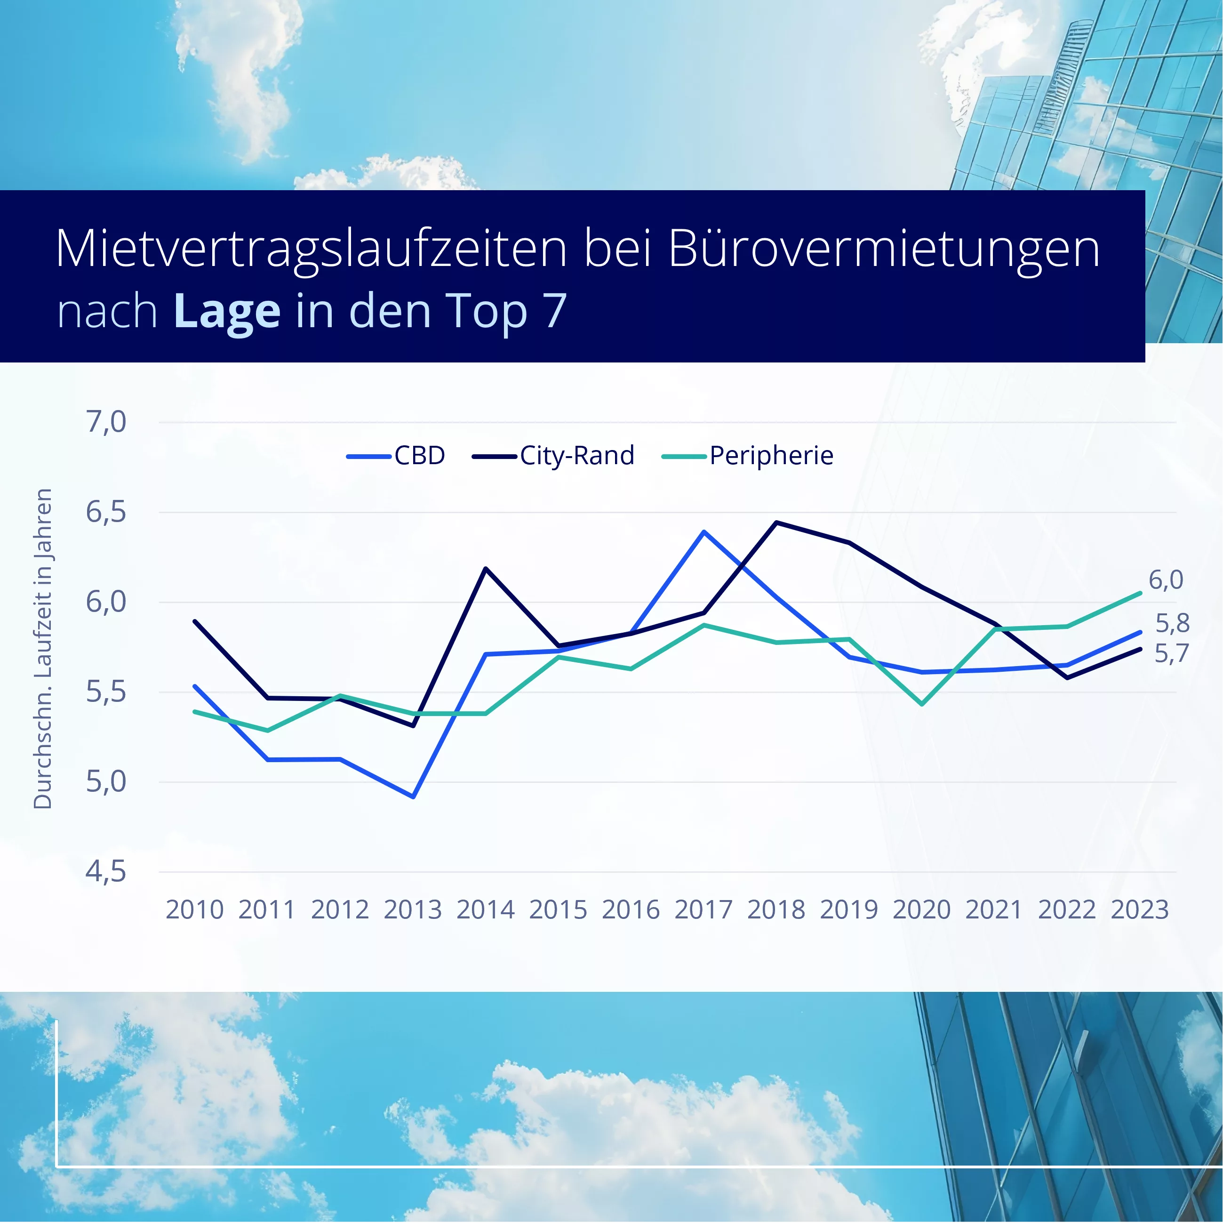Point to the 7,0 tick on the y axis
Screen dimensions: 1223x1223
point(106,422)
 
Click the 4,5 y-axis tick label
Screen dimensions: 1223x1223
point(106,872)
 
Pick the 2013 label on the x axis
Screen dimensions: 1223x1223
point(413,910)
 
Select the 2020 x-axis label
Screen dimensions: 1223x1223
point(922,910)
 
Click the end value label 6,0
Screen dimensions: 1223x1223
point(1166,580)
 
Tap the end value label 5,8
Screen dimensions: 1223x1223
point(1172,624)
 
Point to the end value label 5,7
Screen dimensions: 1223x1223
point(1171,653)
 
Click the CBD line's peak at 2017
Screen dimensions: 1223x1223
point(704,531)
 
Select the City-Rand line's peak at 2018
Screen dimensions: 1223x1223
point(777,523)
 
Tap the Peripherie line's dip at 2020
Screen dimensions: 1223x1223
point(922,704)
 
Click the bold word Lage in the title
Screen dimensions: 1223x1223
point(227,311)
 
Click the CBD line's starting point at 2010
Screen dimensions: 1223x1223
point(195,686)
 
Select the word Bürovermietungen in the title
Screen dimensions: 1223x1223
point(884,249)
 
